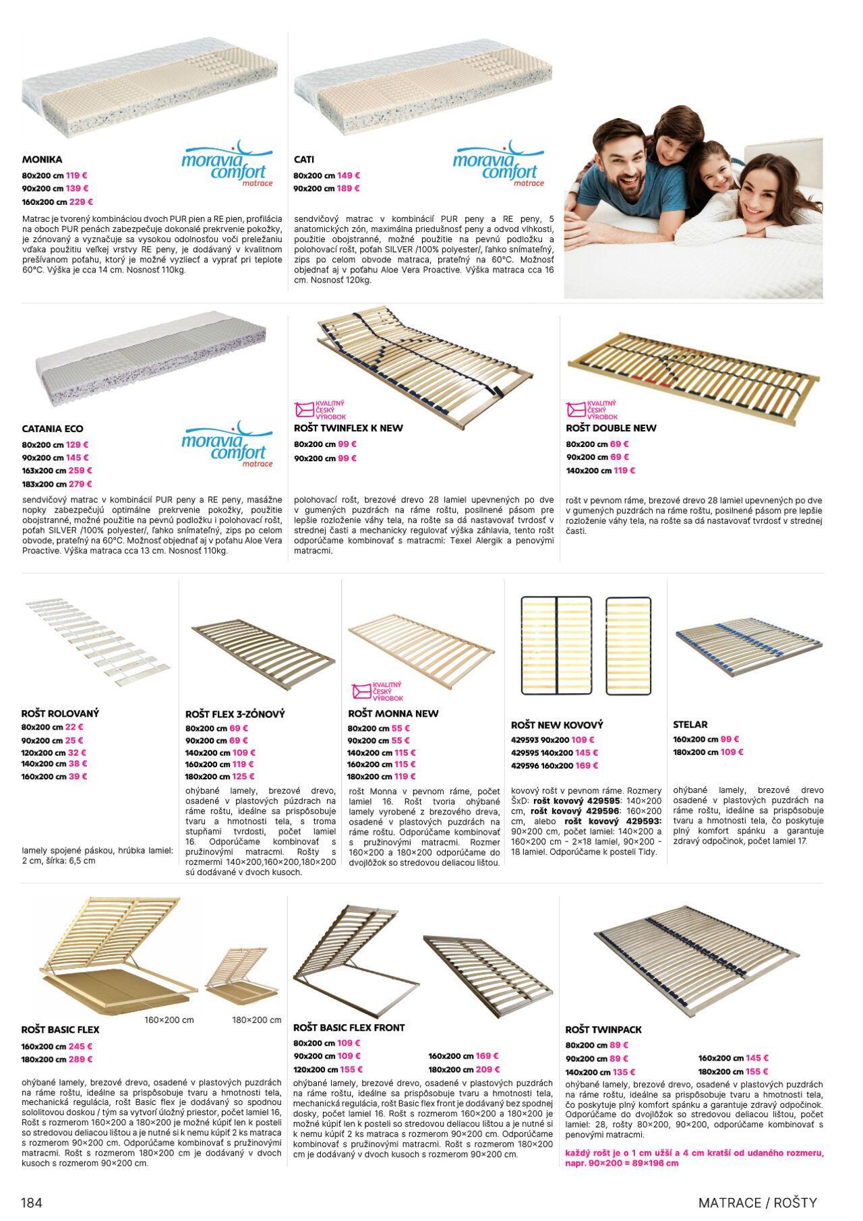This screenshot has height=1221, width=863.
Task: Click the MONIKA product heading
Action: point(42,160)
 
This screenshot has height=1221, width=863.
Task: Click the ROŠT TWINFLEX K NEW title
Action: point(349,428)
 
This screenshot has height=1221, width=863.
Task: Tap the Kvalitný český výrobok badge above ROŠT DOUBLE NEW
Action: point(583,410)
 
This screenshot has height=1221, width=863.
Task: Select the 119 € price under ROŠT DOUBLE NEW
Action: point(624,471)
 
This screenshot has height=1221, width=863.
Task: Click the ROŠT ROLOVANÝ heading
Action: point(60,713)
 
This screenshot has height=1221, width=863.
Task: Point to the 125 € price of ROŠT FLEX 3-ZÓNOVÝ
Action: point(243,777)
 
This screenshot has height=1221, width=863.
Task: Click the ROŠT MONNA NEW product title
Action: point(393,713)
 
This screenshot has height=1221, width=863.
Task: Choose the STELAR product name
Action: point(690,725)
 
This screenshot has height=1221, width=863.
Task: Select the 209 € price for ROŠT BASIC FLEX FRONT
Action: point(487,1069)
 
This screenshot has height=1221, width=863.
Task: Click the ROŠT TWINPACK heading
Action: point(603,1030)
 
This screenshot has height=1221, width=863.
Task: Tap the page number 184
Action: point(32,1203)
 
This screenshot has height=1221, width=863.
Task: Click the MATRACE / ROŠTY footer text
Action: point(757,1203)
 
